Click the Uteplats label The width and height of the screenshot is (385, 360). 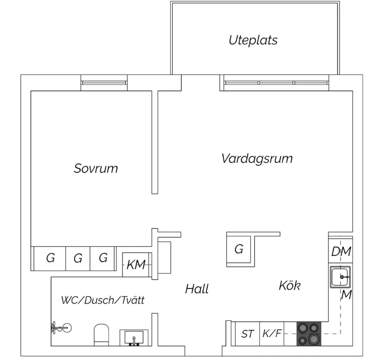pyautogui.click(x=253, y=40)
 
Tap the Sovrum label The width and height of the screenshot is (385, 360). pyautogui.click(x=96, y=169)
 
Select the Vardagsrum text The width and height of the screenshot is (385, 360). pyautogui.click(x=257, y=158)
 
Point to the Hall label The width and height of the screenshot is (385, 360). pyautogui.click(x=197, y=289)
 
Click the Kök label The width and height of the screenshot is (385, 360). pyautogui.click(x=290, y=285)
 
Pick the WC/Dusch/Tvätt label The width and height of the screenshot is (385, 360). pyautogui.click(x=102, y=300)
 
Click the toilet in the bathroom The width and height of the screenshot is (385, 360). pyautogui.click(x=101, y=335)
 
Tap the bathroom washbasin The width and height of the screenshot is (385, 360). pyautogui.click(x=134, y=338)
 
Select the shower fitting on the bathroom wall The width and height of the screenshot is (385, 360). pyautogui.click(x=61, y=328)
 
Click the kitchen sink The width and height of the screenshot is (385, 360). pyautogui.click(x=340, y=277)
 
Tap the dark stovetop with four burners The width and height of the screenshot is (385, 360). pyautogui.click(x=309, y=334)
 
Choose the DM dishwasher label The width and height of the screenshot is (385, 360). pyautogui.click(x=341, y=252)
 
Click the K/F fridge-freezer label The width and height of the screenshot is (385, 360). pyautogui.click(x=272, y=333)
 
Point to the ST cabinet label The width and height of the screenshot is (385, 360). pyautogui.click(x=247, y=334)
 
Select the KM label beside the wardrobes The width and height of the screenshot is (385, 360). pyautogui.click(x=136, y=265)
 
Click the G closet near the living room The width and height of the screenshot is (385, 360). pyautogui.click(x=238, y=249)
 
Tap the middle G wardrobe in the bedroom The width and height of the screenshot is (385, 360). pyautogui.click(x=78, y=258)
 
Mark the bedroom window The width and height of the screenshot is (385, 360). pyautogui.click(x=104, y=83)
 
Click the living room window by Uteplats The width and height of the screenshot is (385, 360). pyautogui.click(x=276, y=83)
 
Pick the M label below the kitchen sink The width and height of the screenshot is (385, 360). pyautogui.click(x=346, y=295)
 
